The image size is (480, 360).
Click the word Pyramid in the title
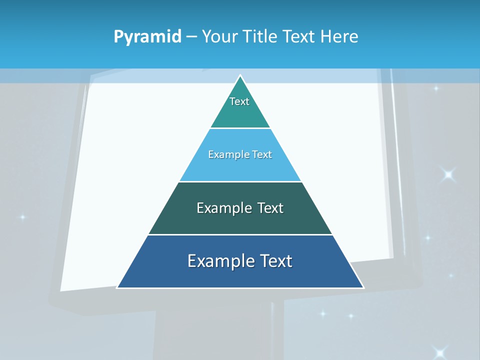pyautogui.click(x=147, y=37)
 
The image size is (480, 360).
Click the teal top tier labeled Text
pyautogui.click(x=239, y=107)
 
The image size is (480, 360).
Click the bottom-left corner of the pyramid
pyautogui.click(x=118, y=287)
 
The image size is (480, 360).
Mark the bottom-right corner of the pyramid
pyautogui.click(x=362, y=287)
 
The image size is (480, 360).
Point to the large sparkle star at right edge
pyautogui.click(x=448, y=174)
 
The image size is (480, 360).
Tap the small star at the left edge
pyautogui.click(x=22, y=217)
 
